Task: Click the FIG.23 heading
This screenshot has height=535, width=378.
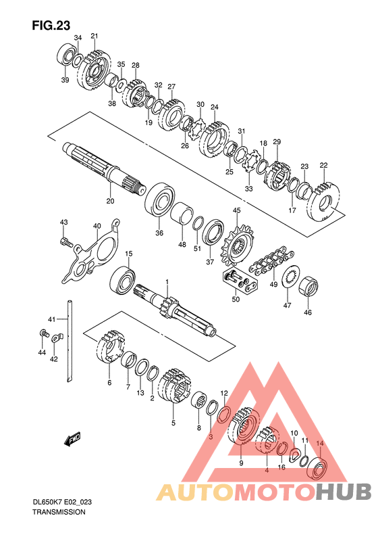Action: tap(51, 26)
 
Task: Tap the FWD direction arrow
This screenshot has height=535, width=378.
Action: tap(72, 439)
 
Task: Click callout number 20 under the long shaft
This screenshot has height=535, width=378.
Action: tap(110, 201)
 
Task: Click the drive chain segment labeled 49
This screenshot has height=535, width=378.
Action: tap(271, 262)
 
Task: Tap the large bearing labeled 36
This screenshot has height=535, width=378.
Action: tap(160, 200)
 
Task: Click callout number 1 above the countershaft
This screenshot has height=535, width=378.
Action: tap(167, 281)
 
